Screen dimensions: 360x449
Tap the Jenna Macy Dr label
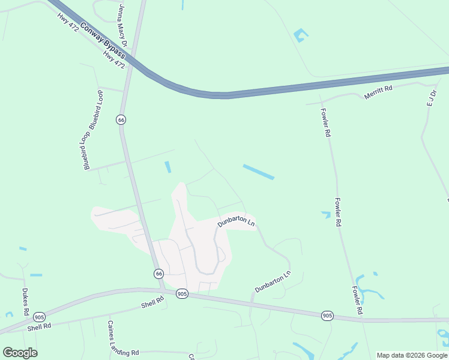click(x=123, y=25)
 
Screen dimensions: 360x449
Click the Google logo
click(x=20, y=353)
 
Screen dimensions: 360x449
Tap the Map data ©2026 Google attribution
click(x=412, y=355)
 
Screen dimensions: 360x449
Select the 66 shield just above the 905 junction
click(x=158, y=273)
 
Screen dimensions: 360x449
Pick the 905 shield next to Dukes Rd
click(x=40, y=317)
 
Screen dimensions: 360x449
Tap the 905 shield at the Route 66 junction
click(x=182, y=293)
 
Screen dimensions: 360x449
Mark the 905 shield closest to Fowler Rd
click(x=327, y=315)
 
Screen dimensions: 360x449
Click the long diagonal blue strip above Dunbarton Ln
click(x=259, y=172)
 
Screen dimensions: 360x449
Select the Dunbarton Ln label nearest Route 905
click(x=273, y=281)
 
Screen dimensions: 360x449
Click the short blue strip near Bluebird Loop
click(x=168, y=167)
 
